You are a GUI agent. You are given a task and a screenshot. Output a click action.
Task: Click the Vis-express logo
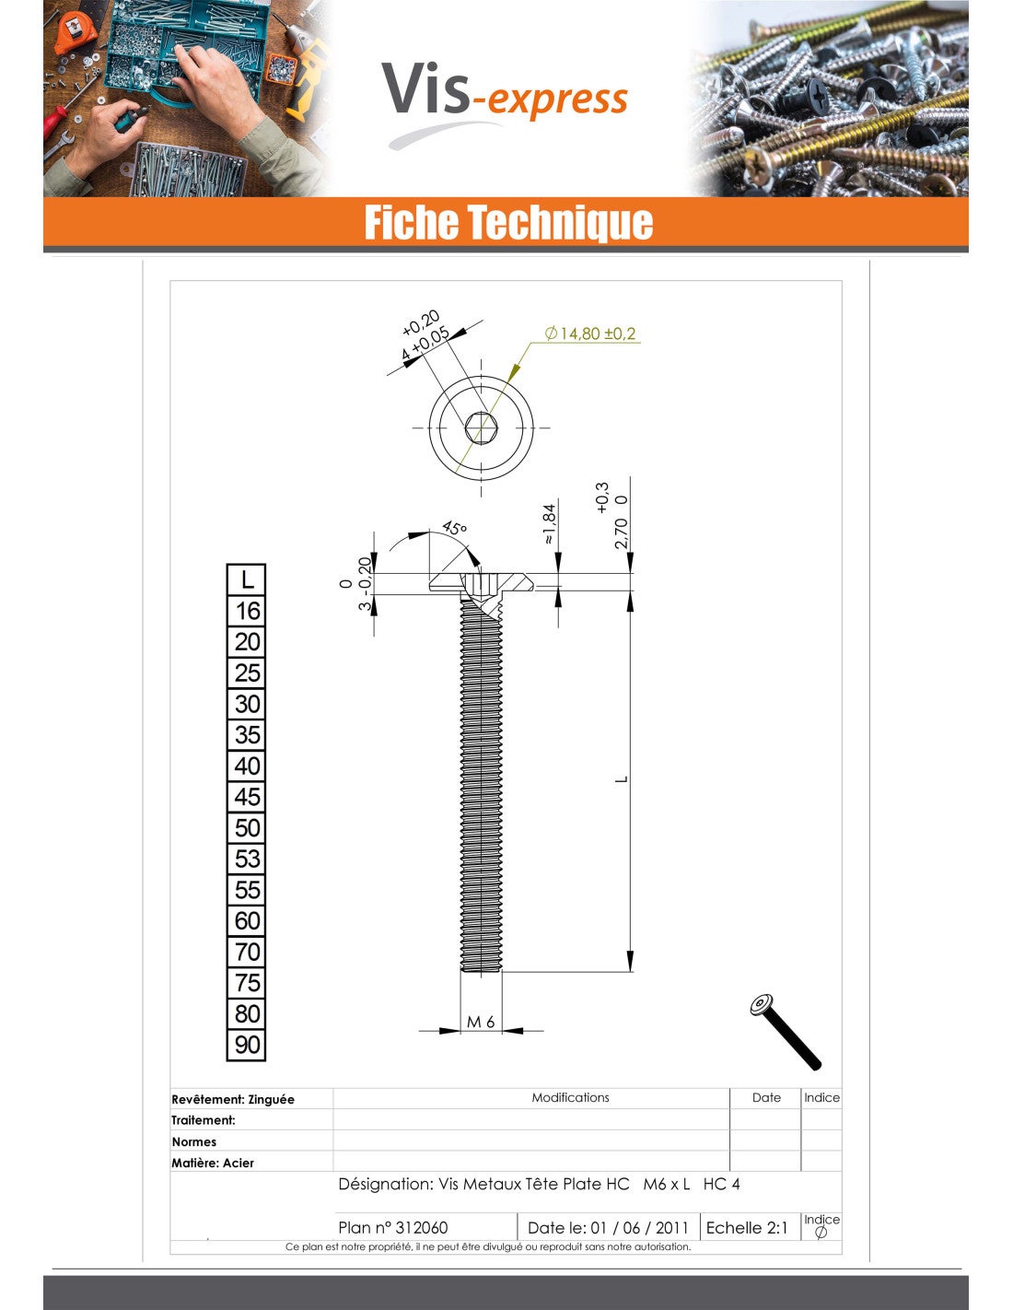pyautogui.click(x=505, y=97)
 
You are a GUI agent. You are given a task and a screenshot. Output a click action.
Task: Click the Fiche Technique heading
pyautogui.click(x=507, y=223)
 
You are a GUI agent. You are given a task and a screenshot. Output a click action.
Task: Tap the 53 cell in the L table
pyautogui.click(x=247, y=859)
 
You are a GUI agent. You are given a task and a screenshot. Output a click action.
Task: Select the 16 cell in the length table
pyautogui.click(x=247, y=611)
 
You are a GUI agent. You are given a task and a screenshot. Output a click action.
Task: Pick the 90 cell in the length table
pyautogui.click(x=247, y=1045)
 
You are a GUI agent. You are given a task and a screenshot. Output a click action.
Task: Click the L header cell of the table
pyautogui.click(x=247, y=579)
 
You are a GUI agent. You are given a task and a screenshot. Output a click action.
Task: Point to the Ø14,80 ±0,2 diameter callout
pyautogui.click(x=590, y=333)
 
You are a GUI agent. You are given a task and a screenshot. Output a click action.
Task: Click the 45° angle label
pyautogui.click(x=454, y=529)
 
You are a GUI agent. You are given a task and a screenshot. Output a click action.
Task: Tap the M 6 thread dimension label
pyautogui.click(x=481, y=1022)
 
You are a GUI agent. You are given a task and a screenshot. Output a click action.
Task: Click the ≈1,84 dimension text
pyautogui.click(x=549, y=523)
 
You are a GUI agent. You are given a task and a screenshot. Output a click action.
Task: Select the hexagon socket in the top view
pyautogui.click(x=481, y=427)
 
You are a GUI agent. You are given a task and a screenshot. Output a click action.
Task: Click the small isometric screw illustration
pyautogui.click(x=785, y=1031)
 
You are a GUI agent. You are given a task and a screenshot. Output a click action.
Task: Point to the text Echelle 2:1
pyautogui.click(x=747, y=1227)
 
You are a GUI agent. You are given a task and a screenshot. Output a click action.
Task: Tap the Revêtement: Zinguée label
pyautogui.click(x=233, y=1099)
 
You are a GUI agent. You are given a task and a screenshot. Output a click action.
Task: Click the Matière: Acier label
pyautogui.click(x=213, y=1163)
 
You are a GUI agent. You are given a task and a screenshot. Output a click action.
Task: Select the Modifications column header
pyautogui.click(x=570, y=1097)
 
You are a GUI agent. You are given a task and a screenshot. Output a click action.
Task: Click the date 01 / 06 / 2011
pyautogui.click(x=639, y=1227)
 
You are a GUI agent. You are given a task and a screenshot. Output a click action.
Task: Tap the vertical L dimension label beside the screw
pyautogui.click(x=622, y=779)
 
